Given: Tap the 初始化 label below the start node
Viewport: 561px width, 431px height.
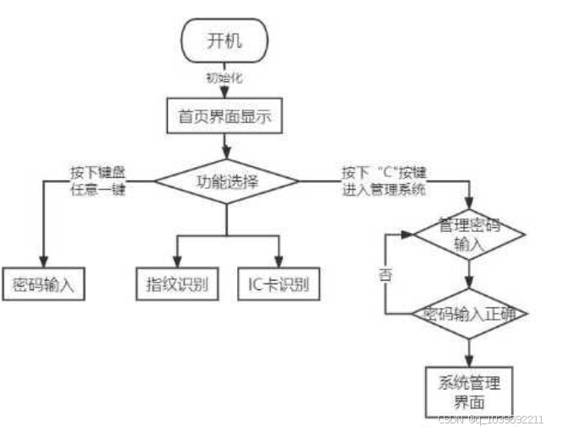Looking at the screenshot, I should point(225,78).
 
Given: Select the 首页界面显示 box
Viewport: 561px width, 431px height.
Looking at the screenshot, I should point(224,116).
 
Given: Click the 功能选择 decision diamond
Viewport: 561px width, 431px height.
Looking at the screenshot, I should point(227,181).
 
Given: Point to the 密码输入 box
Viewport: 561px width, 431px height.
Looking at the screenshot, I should point(41,283).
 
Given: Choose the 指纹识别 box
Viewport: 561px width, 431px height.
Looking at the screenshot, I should point(177,283).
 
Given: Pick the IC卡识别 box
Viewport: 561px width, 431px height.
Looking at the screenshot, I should point(278,283).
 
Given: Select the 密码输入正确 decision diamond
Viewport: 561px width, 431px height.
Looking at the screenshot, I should point(470,315).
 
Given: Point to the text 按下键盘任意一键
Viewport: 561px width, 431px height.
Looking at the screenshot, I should point(100,180).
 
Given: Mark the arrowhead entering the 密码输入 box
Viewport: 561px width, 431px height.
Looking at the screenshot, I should point(41,261).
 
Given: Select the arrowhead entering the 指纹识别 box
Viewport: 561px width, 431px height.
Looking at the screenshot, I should point(177,261).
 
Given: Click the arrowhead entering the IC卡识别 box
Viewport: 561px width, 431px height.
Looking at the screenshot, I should point(278,261).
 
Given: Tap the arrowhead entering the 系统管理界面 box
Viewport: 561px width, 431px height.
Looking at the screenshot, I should point(470,360).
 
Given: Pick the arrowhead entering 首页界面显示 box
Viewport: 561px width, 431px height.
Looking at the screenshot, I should point(225,95).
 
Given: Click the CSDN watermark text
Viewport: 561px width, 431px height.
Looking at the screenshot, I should point(489,419).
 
